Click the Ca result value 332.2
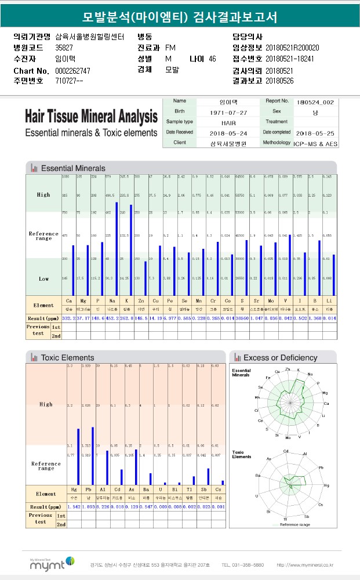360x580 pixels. point(69,318)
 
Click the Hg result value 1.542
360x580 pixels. point(74,506)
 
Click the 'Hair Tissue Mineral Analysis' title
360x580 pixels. point(91,116)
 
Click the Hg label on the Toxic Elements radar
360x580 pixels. point(326,485)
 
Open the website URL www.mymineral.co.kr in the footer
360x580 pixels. point(304,564)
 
